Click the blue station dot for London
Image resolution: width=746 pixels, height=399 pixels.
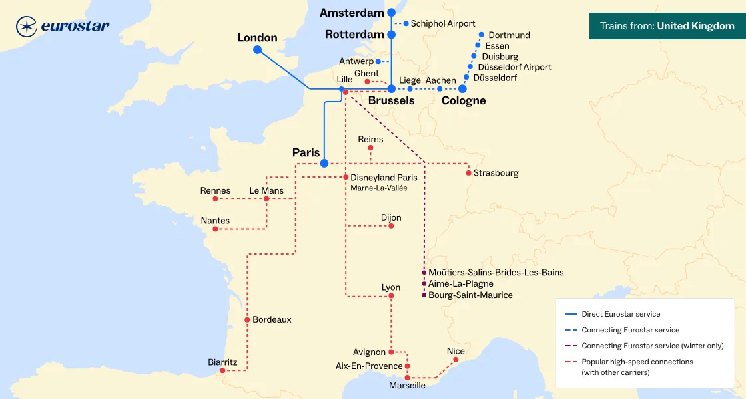tap(257, 50)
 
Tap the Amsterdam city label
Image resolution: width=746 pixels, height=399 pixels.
tap(352, 13)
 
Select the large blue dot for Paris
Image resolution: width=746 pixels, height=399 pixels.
tap(324, 163)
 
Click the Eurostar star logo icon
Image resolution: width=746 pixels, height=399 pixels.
tap(27, 27)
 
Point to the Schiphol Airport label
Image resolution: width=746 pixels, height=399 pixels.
tap(443, 23)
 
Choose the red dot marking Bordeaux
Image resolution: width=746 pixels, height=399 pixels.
tap(247, 320)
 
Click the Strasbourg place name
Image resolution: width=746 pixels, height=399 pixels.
tap(496, 173)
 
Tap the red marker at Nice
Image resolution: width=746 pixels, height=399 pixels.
tap(456, 360)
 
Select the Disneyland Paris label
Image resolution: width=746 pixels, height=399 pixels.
tap(384, 178)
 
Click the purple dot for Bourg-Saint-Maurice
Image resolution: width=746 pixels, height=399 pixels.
tap(424, 295)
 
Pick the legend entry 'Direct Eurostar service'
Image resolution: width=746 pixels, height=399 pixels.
tap(621, 314)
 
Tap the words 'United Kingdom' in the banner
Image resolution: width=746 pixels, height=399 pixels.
tap(695, 26)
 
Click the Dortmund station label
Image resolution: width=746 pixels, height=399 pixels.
tap(509, 35)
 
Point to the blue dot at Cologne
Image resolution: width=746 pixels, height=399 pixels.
tap(462, 88)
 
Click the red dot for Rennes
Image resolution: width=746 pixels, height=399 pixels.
tap(215, 199)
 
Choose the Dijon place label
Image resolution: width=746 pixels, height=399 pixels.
tap(391, 217)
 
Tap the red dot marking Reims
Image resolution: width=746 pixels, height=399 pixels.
tap(370, 148)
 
